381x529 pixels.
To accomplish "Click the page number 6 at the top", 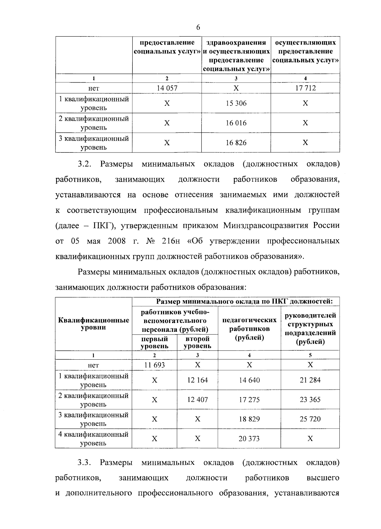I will coord(198,27).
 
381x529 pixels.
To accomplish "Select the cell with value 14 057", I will coord(167,88).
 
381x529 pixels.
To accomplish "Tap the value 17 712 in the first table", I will coord(305,88).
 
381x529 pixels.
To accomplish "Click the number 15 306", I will coord(236,103).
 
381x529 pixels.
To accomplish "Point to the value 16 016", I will coord(236,123).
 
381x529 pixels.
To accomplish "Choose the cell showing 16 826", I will coord(236,143).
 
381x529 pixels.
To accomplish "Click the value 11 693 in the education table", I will coord(154,365).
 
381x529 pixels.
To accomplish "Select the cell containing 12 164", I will coord(197,380).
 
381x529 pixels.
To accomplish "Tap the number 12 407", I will coord(197,399).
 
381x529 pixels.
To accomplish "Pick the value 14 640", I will coord(249,380).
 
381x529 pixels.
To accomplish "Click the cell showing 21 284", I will coord(310,380).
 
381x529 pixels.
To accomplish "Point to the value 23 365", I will coord(310,399).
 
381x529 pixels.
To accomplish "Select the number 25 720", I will coord(310,419).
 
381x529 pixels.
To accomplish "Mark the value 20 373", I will coord(249,438).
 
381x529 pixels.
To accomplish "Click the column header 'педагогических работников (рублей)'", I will coord(249,329).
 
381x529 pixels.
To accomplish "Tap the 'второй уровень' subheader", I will coord(197,342).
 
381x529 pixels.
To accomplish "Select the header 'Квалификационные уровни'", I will coord(94,324).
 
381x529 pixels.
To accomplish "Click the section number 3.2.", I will coord(84,164).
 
